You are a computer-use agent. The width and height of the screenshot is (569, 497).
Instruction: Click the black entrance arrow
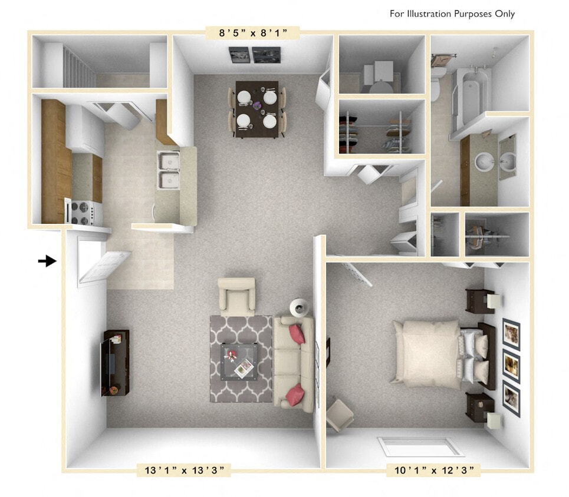(x=47, y=261)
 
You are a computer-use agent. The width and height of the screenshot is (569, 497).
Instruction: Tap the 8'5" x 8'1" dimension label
(x=252, y=33)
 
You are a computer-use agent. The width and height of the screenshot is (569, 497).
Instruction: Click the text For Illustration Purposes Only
(x=452, y=14)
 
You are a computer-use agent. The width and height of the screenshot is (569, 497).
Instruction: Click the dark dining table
(x=256, y=109)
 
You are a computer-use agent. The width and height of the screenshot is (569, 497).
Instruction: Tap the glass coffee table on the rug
(x=239, y=361)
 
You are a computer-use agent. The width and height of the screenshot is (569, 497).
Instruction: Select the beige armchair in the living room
(x=236, y=296)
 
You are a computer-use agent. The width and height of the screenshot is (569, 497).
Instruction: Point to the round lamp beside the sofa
(x=300, y=307)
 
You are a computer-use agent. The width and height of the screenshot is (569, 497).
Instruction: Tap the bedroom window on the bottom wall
(x=420, y=447)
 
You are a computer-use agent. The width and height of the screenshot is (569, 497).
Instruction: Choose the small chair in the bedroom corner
(x=340, y=414)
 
